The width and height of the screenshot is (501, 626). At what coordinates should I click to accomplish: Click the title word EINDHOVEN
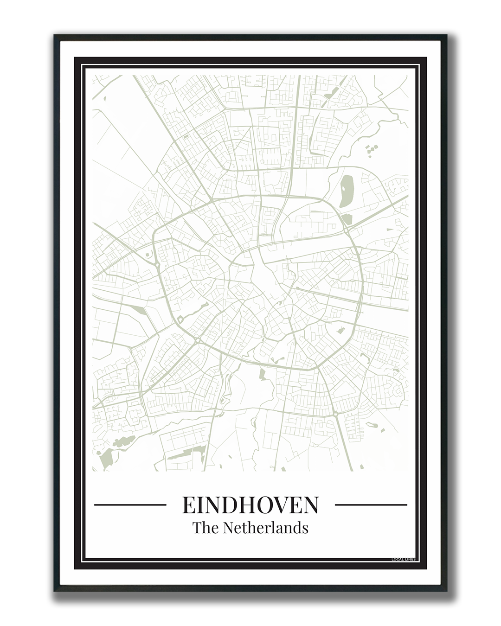[x=250, y=505]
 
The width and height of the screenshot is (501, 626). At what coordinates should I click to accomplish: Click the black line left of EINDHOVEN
[x=130, y=505]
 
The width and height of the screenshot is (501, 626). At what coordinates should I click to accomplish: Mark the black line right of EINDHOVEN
[x=371, y=505]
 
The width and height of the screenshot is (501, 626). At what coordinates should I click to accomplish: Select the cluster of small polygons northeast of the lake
[x=371, y=150]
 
